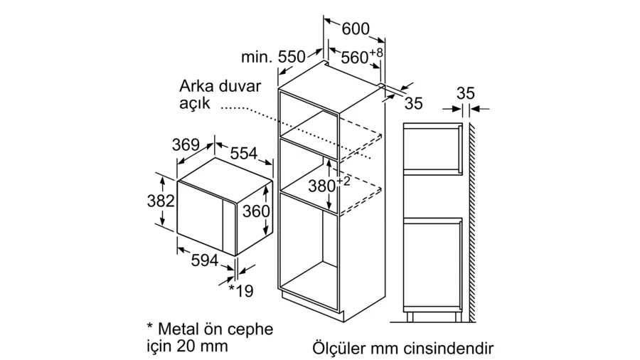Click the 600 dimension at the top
tap(356, 28)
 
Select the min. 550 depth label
tap(273, 57)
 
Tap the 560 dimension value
tap(355, 58)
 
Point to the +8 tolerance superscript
tap(376, 52)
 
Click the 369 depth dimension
tap(186, 145)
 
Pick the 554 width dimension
tap(244, 153)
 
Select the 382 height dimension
tap(161, 201)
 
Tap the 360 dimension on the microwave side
tap(256, 211)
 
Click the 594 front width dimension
tap(205, 260)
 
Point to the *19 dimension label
tap(241, 290)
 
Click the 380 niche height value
tap(321, 186)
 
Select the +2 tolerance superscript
tap(343, 181)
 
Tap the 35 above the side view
tap(466, 93)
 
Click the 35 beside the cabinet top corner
tap(413, 103)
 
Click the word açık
tap(195, 103)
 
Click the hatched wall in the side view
tap(472, 222)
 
